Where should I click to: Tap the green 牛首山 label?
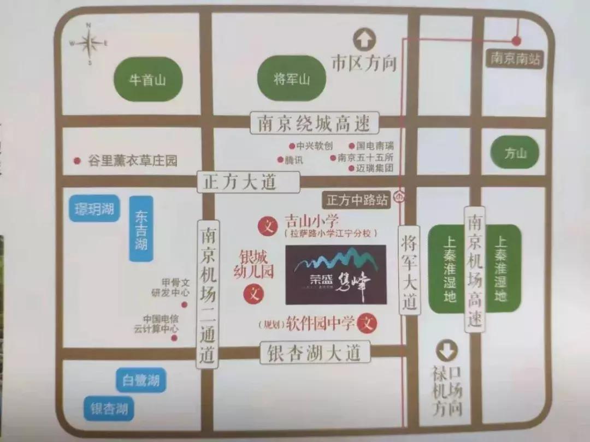[x=146, y=80]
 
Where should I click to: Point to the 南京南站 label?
[x=515, y=58]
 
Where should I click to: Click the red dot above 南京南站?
[x=516, y=40]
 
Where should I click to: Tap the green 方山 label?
[x=514, y=153]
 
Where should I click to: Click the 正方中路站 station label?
[x=357, y=200]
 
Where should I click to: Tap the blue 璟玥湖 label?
[x=94, y=208]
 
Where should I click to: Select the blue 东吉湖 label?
[x=141, y=229]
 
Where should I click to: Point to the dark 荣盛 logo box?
[x=335, y=274]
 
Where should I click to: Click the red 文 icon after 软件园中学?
[x=367, y=324]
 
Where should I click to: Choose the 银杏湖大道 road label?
[x=315, y=353]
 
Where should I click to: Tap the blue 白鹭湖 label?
[x=140, y=380]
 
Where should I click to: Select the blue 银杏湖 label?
[x=110, y=409]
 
